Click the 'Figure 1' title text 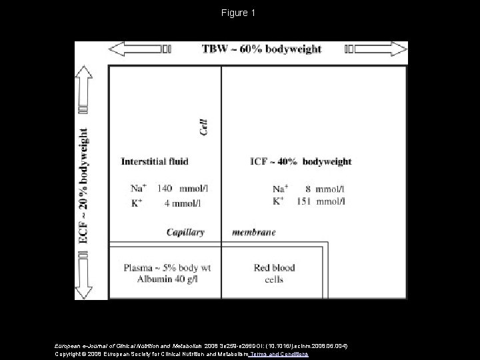point(240,13)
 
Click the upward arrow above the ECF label point(85,87)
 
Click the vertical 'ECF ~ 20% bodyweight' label point(85,187)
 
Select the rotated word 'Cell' point(204,127)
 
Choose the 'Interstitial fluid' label point(155,161)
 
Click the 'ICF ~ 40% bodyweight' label point(301,161)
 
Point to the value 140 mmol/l point(182,189)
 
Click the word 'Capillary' point(185,233)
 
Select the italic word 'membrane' point(253,233)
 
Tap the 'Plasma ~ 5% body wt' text point(167,267)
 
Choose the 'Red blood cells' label point(274,273)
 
